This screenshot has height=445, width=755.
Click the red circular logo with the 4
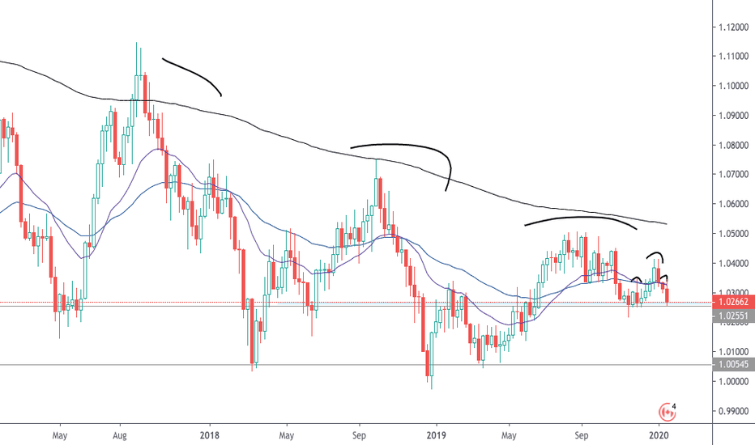click(668, 410)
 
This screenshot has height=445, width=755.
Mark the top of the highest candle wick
click(136, 43)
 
